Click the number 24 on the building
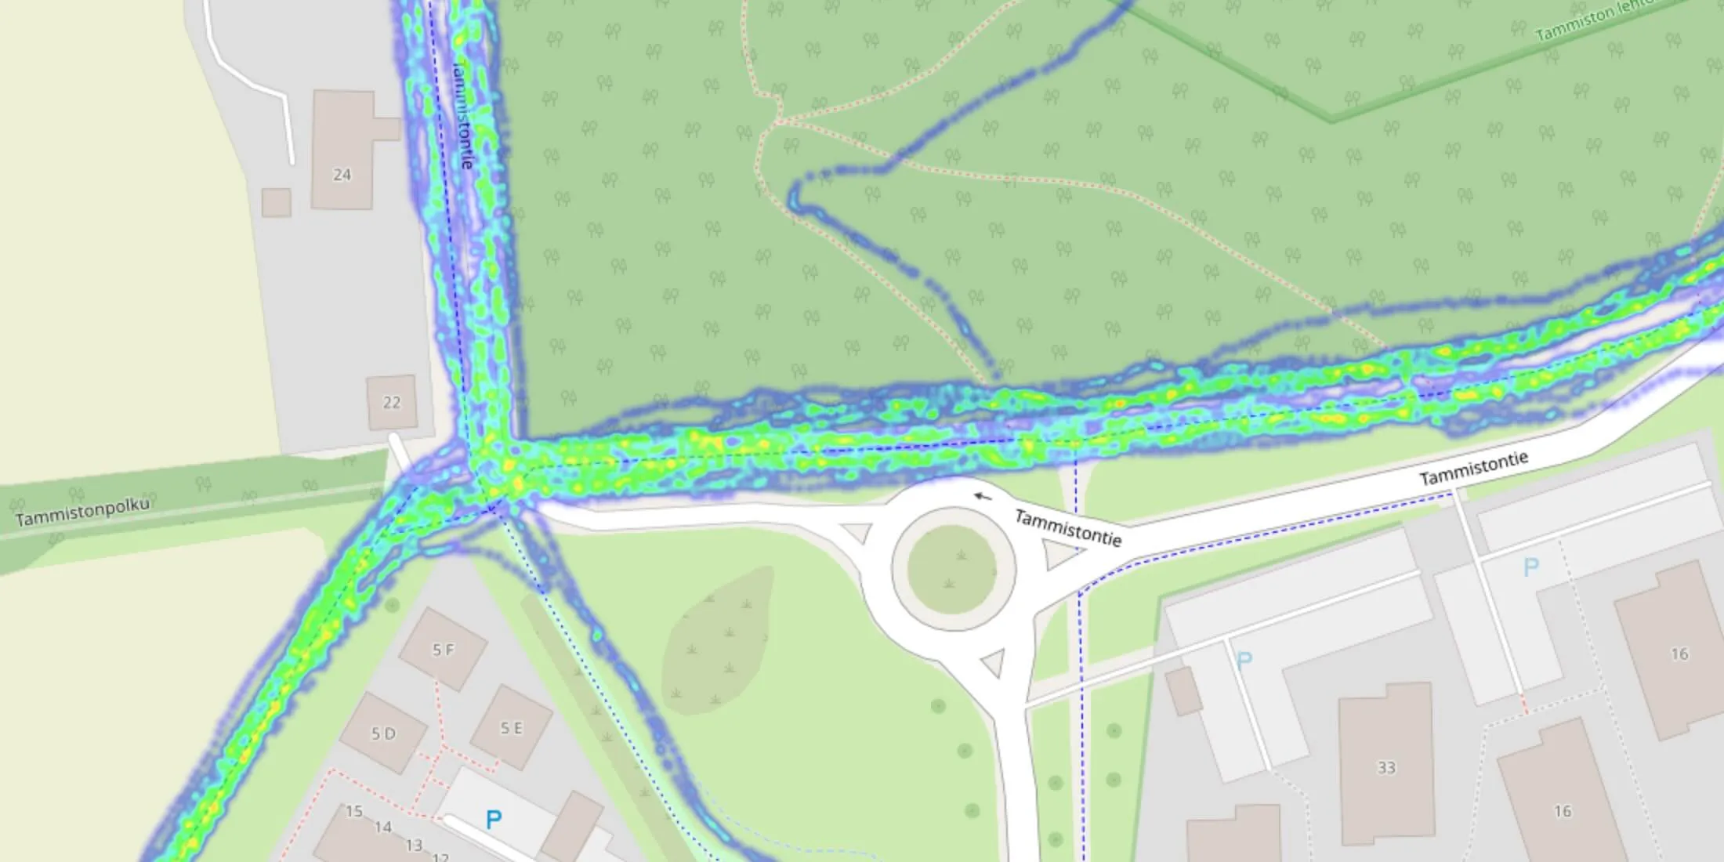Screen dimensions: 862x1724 point(342,175)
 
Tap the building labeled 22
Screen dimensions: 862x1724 point(391,403)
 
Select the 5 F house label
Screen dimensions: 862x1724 point(444,650)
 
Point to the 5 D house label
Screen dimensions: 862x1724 point(383,734)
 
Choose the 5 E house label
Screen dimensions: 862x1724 point(512,729)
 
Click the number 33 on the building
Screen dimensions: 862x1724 point(1386,768)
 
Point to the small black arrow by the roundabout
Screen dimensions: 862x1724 point(982,496)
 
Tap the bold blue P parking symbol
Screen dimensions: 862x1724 point(493,820)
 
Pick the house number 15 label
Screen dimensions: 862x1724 point(354,811)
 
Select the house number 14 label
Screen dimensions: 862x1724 point(383,827)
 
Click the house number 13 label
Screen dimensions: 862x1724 point(414,845)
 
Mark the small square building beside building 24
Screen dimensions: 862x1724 point(276,202)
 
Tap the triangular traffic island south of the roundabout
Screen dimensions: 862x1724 point(992,663)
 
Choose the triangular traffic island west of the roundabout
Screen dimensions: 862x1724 point(857,533)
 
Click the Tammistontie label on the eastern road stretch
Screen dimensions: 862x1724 point(1473,469)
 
